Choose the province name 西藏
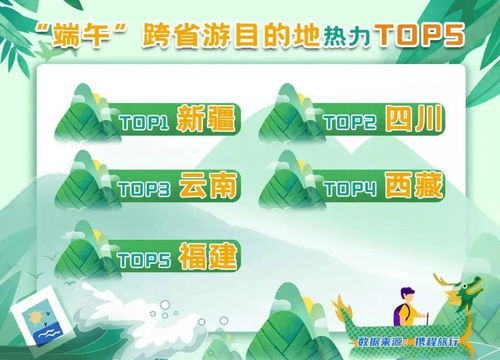point(411,186)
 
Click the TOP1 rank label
point(145,123)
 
